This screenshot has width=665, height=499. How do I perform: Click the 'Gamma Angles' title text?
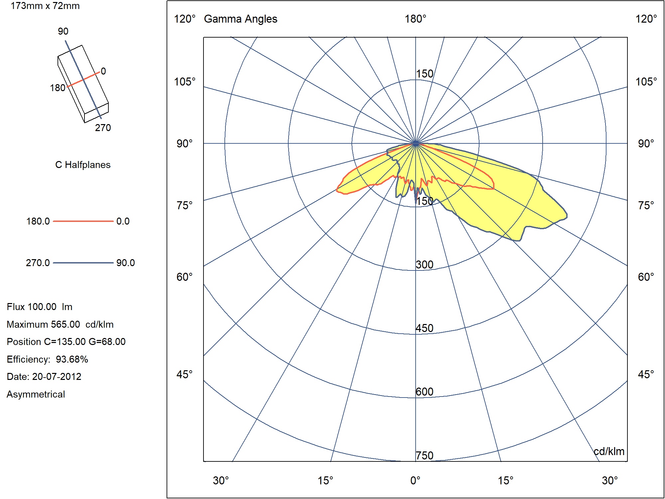240,19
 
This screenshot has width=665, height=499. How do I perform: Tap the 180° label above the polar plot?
415,19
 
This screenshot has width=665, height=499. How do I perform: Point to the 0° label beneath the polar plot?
415,480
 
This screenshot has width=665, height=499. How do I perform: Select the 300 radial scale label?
425,265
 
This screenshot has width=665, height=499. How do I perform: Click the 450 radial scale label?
425,328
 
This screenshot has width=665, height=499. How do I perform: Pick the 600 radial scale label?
425,392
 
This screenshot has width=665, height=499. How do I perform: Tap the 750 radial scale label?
425,455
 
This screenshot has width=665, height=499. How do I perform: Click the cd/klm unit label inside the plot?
609,451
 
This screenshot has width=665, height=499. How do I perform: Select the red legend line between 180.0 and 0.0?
83,221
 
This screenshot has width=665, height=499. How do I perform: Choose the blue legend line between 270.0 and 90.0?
83,263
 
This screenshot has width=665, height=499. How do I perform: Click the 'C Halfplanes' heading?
83,165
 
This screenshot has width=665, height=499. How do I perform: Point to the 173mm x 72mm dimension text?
45,6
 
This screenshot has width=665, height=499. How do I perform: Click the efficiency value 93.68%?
72,359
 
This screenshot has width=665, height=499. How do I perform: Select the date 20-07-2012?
57,377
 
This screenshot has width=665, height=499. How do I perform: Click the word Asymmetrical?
36,394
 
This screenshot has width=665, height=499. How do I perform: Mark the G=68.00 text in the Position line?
107,342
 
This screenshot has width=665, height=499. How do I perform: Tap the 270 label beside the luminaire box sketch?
103,128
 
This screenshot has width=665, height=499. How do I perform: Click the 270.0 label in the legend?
38,263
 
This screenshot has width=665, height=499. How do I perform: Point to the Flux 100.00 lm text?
40,307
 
